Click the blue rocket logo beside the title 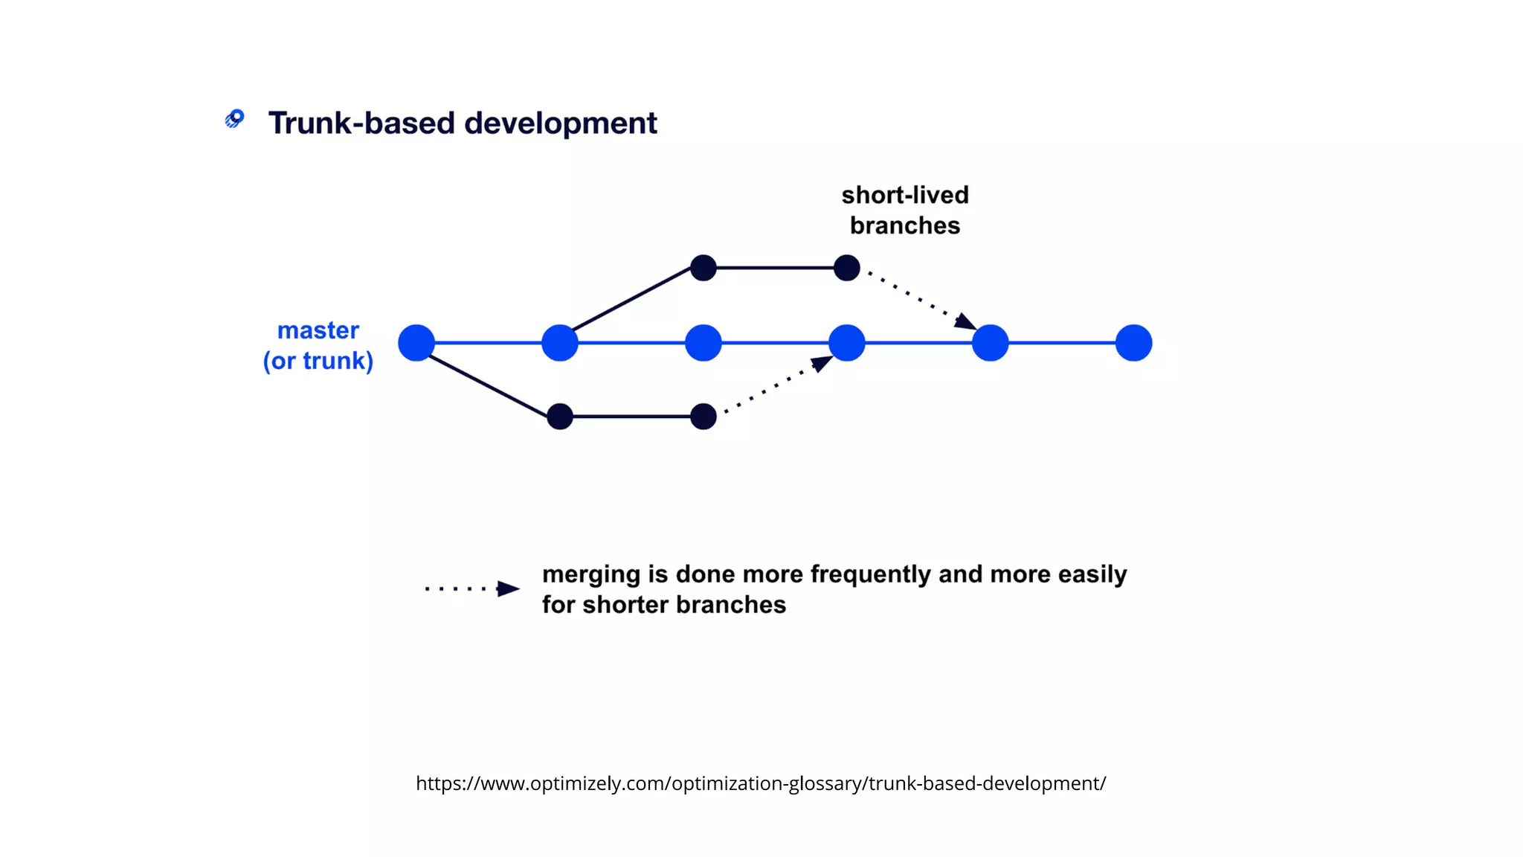[235, 119]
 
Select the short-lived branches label [904, 210]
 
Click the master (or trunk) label [318, 345]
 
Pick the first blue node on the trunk [416, 343]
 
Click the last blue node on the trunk [1133, 343]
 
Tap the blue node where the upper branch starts [560, 343]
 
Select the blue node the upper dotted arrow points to [990, 343]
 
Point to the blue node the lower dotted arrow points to [846, 343]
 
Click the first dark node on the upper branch [703, 268]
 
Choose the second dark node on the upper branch [846, 268]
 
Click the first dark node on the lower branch [560, 417]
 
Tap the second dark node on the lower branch [703, 417]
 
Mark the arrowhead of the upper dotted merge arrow [965, 322]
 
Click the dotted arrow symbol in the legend [471, 588]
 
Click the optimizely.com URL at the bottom [760, 783]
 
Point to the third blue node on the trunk [703, 343]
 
